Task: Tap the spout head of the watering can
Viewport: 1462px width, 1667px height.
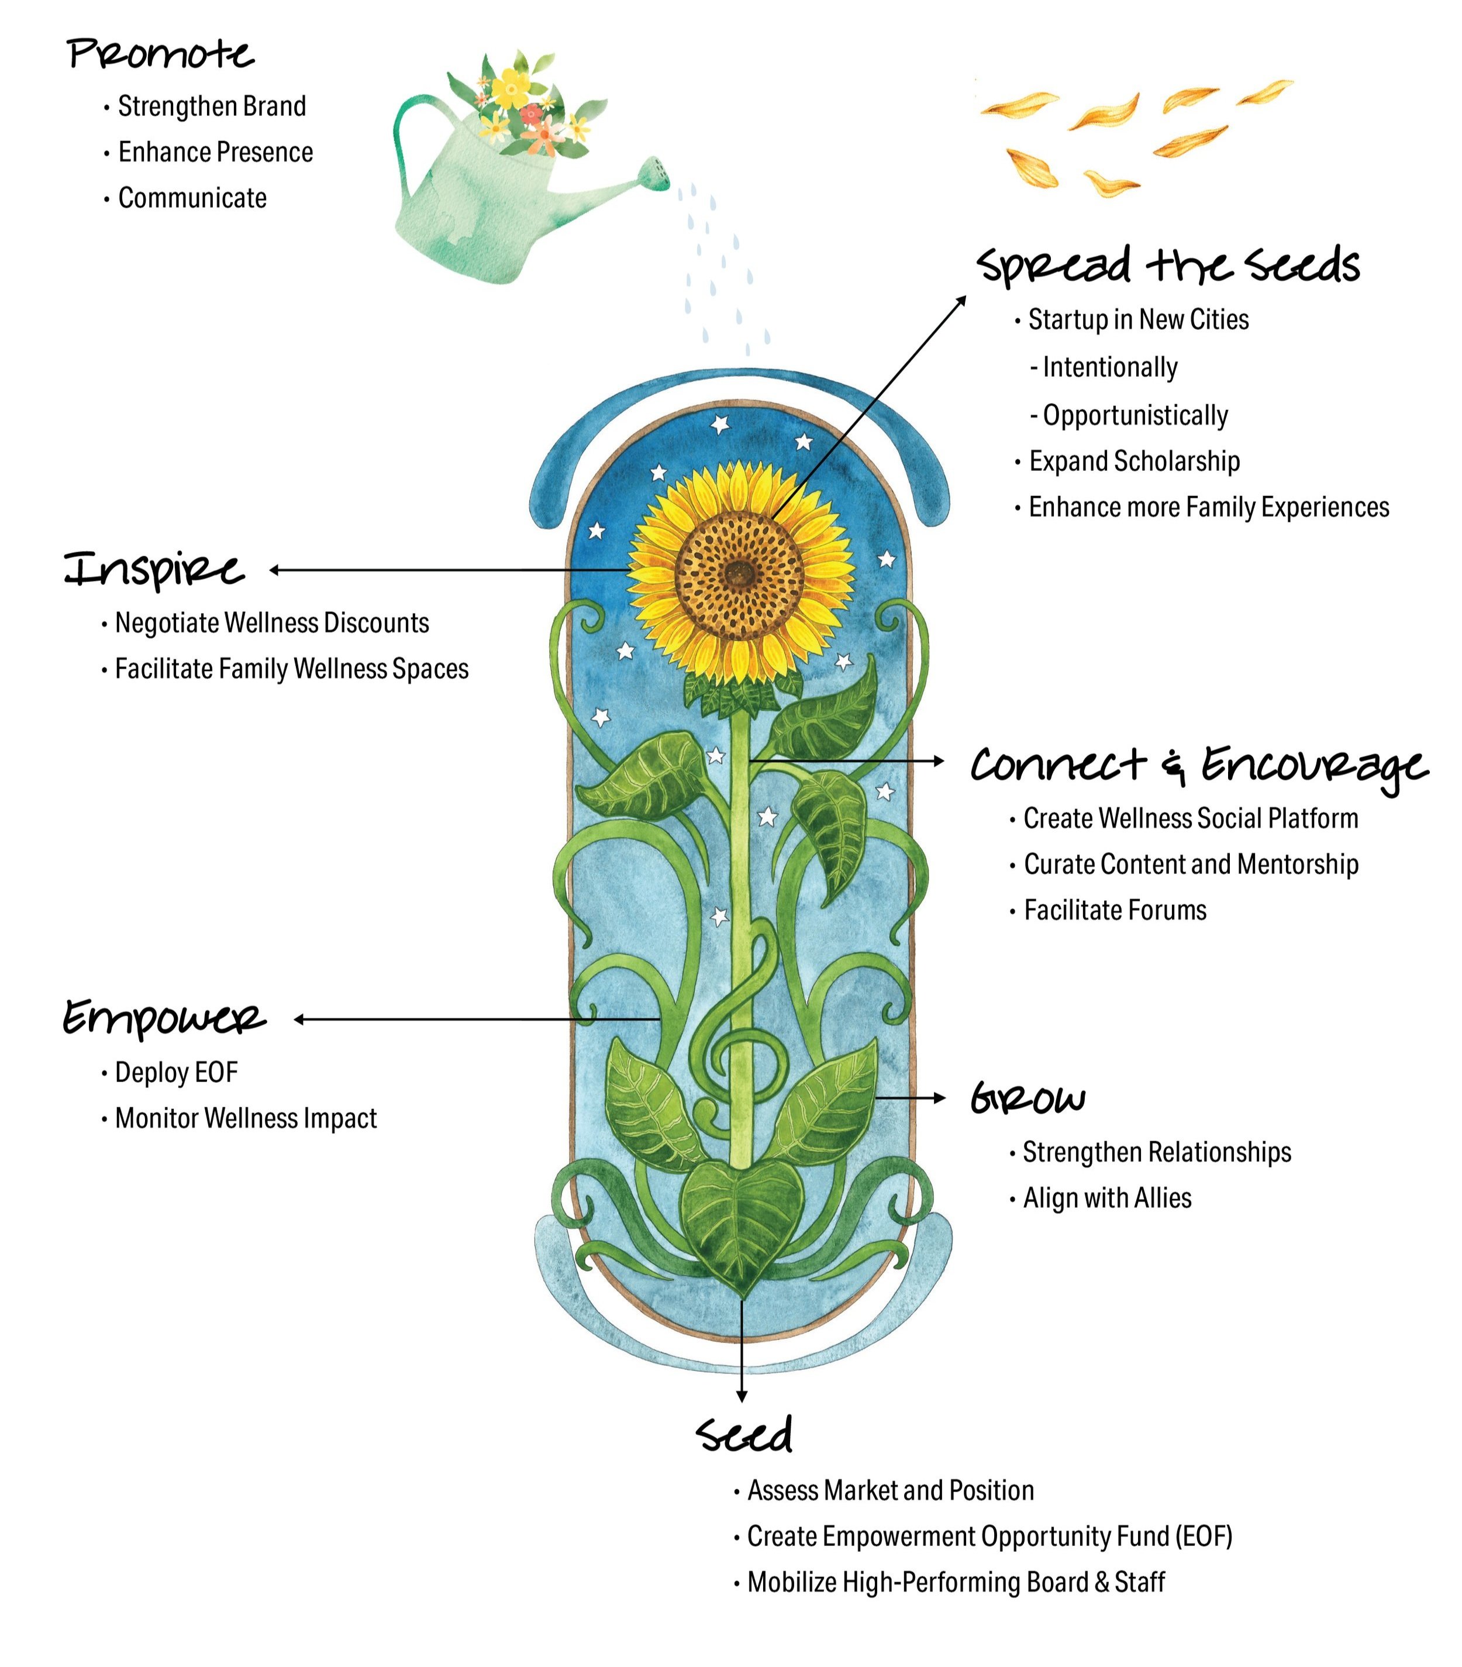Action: tap(654, 173)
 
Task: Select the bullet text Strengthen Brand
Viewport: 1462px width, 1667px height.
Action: tap(211, 106)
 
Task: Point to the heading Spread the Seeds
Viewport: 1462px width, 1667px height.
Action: tap(1168, 265)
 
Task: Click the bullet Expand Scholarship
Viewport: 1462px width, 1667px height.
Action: tap(1133, 461)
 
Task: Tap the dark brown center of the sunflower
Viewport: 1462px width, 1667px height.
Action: tap(740, 573)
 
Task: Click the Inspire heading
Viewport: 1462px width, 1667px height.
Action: tap(154, 569)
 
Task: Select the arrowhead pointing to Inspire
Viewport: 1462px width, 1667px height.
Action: tap(275, 570)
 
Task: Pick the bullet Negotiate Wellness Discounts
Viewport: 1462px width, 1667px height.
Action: tap(271, 622)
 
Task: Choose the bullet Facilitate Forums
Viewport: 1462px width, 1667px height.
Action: tap(1115, 910)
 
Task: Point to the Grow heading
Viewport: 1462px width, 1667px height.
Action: tap(1027, 1098)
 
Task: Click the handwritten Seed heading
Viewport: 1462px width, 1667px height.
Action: tap(744, 1435)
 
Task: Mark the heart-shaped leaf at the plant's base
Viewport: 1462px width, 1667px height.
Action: tap(740, 1223)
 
